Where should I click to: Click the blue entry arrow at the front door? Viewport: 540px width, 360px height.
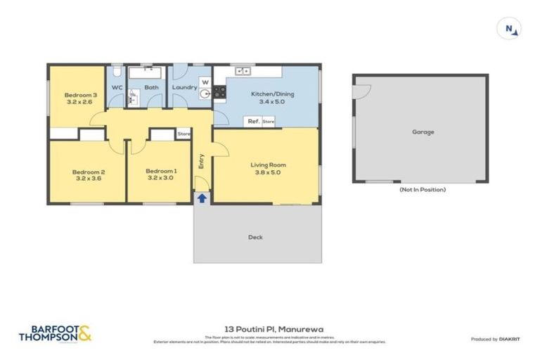[202, 198]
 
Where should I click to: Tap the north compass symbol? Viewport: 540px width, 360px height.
[512, 29]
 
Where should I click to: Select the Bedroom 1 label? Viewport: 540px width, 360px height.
[161, 171]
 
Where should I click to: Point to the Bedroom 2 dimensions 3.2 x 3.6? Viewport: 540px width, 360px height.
[88, 179]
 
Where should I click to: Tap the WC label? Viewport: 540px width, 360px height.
[117, 87]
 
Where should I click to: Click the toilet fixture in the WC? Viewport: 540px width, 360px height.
[117, 72]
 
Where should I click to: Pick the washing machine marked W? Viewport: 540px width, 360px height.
[205, 81]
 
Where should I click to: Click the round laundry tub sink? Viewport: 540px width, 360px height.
[205, 93]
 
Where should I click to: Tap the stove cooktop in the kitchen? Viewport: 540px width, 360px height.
[219, 91]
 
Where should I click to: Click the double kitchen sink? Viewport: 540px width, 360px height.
[243, 71]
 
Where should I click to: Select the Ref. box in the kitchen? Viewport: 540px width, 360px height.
[253, 122]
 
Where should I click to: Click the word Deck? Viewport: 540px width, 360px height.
[255, 237]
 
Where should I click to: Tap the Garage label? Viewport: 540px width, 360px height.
[423, 131]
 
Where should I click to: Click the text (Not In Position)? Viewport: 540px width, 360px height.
[422, 189]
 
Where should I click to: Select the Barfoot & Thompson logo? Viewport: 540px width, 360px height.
[56, 333]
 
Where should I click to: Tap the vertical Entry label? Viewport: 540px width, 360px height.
[201, 161]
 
